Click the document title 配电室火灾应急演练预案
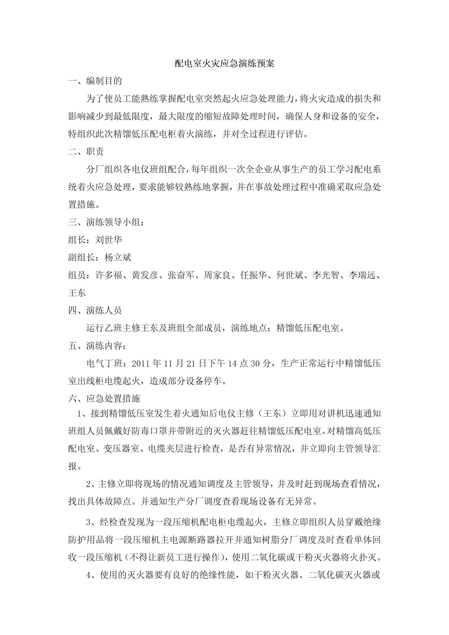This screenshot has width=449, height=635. click(224, 64)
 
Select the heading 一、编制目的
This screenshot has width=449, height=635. click(95, 81)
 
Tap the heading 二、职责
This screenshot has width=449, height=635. click(86, 152)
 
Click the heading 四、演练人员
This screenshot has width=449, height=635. click(95, 310)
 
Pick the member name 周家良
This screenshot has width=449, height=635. click(217, 275)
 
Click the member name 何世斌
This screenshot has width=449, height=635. click(290, 275)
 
